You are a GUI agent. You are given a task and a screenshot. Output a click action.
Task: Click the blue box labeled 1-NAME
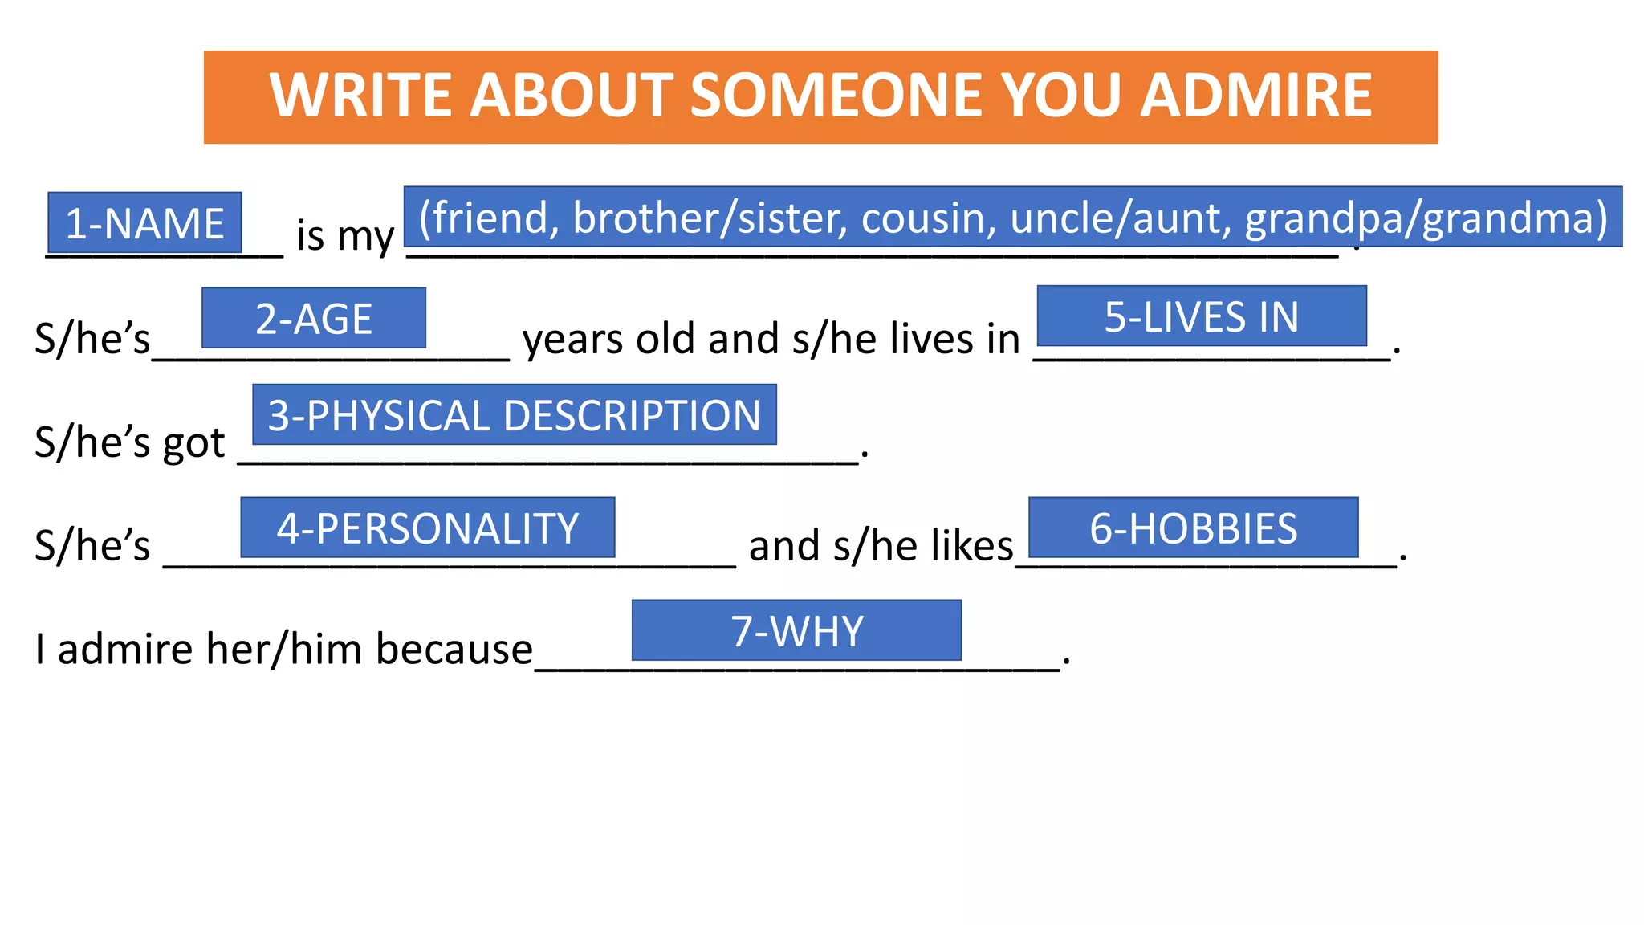pos(144,222)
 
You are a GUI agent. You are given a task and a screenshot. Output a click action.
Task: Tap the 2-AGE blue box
pos(314,318)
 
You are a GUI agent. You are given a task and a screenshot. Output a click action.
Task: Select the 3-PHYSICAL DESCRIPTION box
pos(515,414)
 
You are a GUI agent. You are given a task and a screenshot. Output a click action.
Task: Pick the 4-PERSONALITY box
pos(428,528)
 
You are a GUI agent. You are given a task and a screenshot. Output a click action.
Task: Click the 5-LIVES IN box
pos(1202,316)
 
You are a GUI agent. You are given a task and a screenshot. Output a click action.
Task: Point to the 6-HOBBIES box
pos(1194,528)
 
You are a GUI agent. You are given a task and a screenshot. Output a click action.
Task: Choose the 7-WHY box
pos(797,630)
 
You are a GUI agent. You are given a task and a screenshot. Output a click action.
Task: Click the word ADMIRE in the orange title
pos(1256,96)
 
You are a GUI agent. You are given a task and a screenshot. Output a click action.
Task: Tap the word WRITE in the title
pos(363,96)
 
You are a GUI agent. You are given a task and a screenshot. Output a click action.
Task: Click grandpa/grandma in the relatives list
pos(1426,218)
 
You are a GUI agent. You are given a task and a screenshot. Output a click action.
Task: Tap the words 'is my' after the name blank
pos(345,236)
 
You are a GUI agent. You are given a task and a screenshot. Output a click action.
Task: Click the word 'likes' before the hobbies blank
pos(972,546)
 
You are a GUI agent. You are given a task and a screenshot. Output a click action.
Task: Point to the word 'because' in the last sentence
pos(454,649)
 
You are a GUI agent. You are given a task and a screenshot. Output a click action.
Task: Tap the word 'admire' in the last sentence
pos(125,649)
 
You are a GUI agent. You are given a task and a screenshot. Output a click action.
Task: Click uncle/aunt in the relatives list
pos(1121,218)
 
